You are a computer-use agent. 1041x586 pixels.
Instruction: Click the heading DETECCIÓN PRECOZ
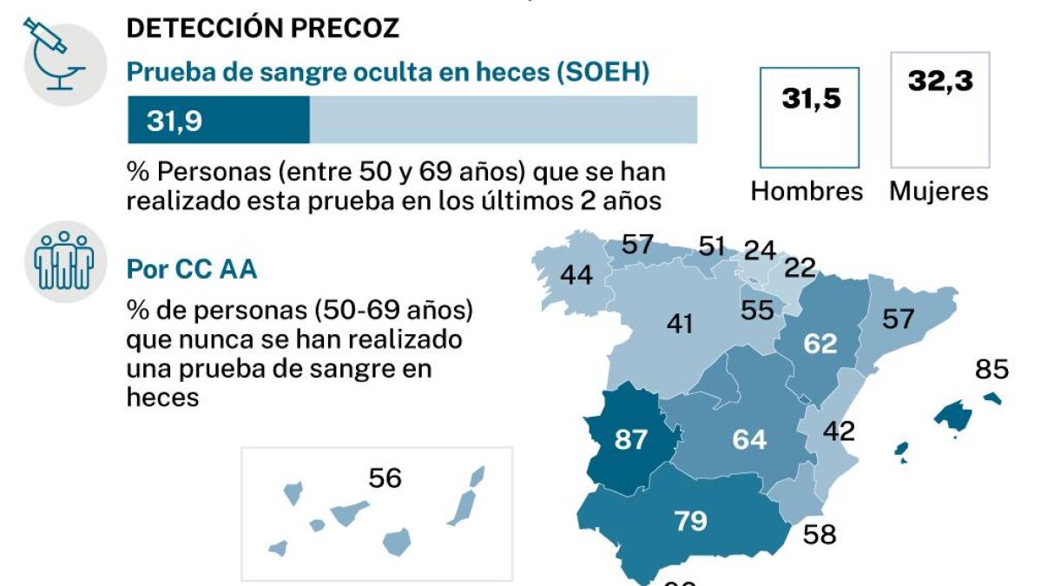(x=263, y=28)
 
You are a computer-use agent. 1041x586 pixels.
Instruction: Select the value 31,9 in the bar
(x=175, y=121)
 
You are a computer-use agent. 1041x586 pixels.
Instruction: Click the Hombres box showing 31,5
(x=809, y=117)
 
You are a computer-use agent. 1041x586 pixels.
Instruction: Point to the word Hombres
(x=807, y=191)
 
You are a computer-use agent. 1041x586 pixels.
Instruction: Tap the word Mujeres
(x=939, y=191)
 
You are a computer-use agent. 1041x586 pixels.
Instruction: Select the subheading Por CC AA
(x=192, y=269)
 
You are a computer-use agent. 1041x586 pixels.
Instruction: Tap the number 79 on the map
(x=690, y=521)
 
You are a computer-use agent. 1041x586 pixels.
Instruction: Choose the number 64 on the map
(x=748, y=439)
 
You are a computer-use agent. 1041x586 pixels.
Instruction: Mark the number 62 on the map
(x=820, y=344)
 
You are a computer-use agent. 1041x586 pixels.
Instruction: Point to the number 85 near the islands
(x=992, y=370)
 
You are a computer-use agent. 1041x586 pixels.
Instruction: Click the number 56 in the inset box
(x=385, y=477)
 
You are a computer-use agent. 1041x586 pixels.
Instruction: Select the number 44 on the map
(x=576, y=275)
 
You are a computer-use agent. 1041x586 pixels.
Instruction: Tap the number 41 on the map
(x=679, y=324)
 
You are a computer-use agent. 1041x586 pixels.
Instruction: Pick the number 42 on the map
(x=839, y=431)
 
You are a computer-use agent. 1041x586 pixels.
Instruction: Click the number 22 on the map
(x=801, y=267)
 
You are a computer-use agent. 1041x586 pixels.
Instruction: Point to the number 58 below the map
(x=819, y=534)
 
